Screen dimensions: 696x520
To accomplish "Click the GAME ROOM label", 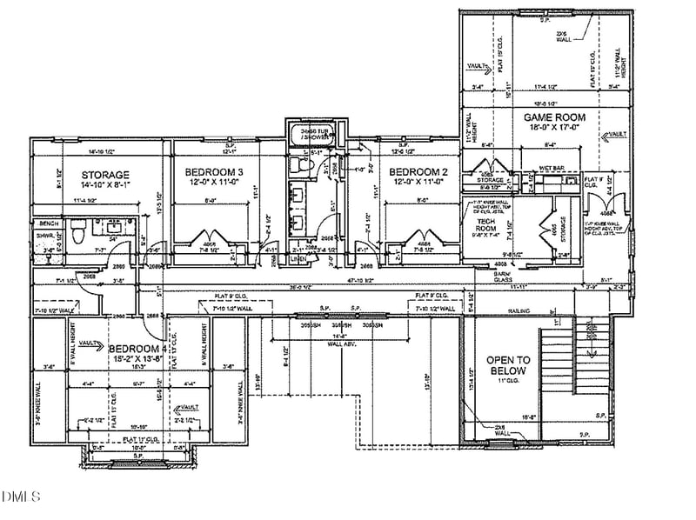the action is tap(553, 117).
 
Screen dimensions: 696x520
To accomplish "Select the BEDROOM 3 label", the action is tap(214, 171).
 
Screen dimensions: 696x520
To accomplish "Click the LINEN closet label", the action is tap(298, 259).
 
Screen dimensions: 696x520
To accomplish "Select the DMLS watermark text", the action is tap(21, 497).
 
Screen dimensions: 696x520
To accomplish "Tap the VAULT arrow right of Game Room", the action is tap(617, 135).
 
